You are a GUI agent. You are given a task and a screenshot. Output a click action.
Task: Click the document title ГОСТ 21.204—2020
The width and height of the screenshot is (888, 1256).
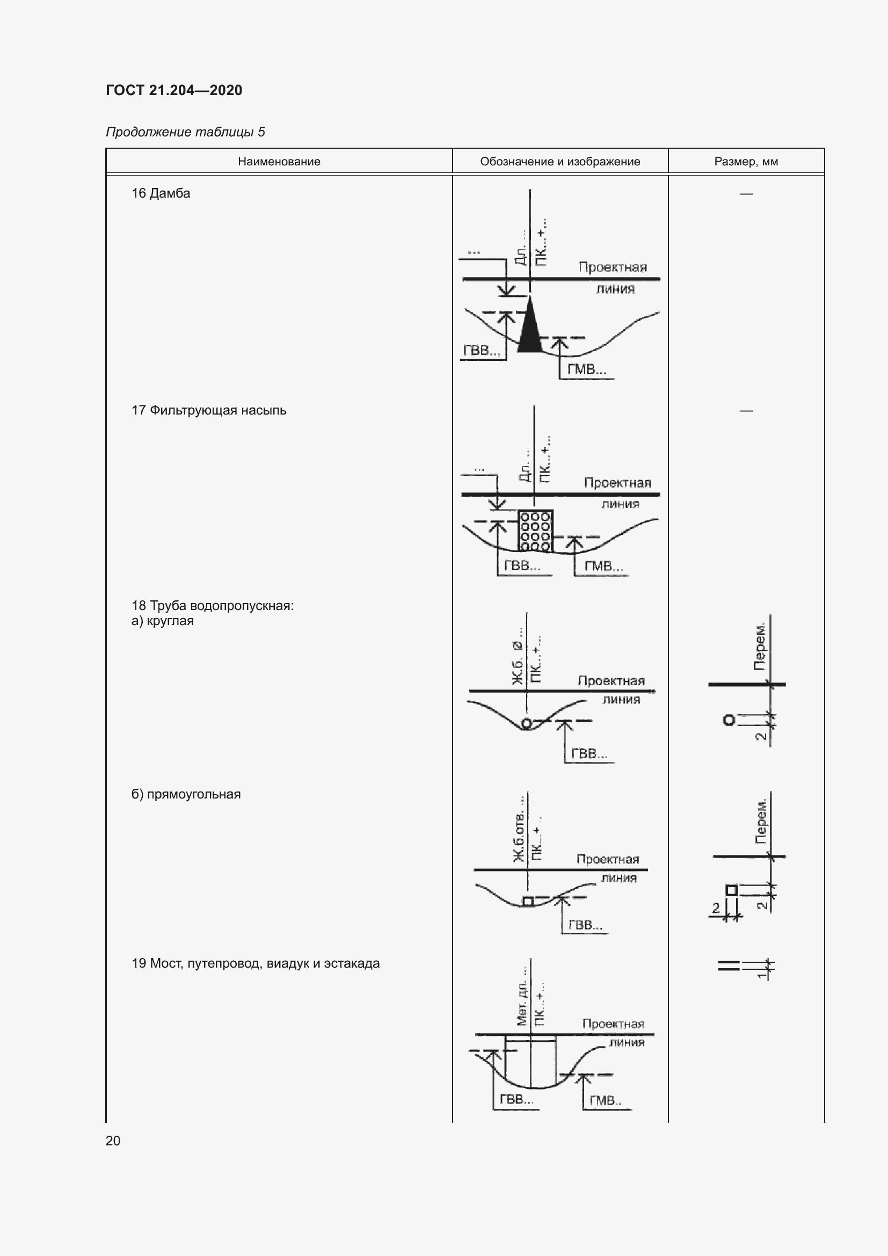[x=174, y=90]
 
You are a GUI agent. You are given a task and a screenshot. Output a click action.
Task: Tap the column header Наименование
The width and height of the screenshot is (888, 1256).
[x=279, y=162]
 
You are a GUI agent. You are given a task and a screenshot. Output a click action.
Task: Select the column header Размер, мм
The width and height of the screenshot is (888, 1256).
[x=746, y=162]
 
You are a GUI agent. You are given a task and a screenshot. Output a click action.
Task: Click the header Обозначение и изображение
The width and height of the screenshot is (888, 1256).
[x=560, y=162]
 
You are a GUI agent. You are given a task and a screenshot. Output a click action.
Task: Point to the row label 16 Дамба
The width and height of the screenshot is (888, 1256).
[x=161, y=193]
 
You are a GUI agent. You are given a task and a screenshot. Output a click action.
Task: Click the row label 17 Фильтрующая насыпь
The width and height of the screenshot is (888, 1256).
[x=209, y=410]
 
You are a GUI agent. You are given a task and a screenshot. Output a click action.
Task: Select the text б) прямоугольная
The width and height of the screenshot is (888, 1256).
[x=186, y=794]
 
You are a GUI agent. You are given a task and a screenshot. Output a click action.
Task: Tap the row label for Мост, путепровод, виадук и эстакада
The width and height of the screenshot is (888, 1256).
[x=256, y=963]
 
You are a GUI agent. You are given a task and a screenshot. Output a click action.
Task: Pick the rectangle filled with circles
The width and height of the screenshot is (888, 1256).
[x=535, y=531]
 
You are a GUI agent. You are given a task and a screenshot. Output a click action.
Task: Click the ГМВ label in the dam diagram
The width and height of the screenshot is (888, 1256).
[x=586, y=370]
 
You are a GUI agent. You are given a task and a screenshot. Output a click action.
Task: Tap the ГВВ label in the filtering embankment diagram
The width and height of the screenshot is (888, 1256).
[x=522, y=565]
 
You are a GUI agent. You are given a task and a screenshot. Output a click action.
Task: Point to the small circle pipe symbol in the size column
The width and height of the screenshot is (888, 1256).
[x=729, y=720]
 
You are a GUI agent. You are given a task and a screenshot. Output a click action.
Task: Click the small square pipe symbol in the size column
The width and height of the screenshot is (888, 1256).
[x=731, y=890]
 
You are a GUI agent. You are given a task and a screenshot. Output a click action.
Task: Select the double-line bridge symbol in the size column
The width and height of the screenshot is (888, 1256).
[x=729, y=966]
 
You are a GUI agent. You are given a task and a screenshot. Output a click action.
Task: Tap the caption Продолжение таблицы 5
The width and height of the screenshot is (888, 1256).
[x=185, y=132]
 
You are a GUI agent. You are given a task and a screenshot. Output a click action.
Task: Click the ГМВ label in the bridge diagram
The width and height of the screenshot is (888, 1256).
[x=605, y=1101]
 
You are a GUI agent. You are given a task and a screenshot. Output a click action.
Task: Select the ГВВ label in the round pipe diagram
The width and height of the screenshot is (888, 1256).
[x=589, y=754]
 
